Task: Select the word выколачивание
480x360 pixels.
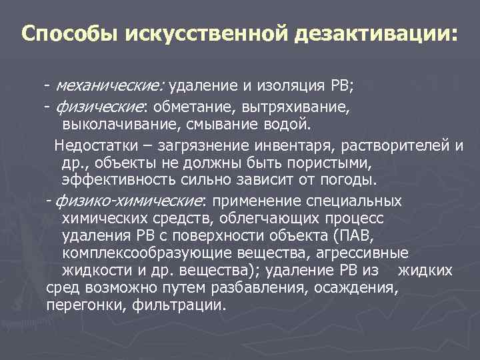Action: (x=117, y=124)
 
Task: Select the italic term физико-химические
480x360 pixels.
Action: (x=129, y=201)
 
